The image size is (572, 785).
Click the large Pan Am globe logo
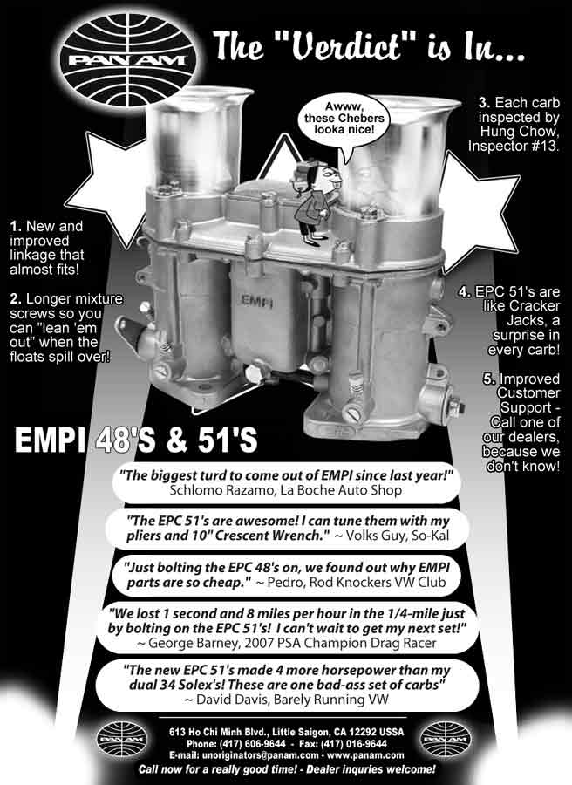click(128, 60)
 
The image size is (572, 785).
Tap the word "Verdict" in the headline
click(343, 46)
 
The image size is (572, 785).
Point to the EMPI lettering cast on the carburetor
click(256, 302)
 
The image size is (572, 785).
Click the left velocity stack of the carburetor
click(198, 139)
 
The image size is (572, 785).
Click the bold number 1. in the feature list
click(16, 226)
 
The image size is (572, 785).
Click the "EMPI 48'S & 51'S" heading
click(136, 440)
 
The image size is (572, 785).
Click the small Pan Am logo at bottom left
click(122, 739)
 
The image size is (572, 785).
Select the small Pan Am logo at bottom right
click(445, 739)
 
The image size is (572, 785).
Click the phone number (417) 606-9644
click(250, 743)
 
